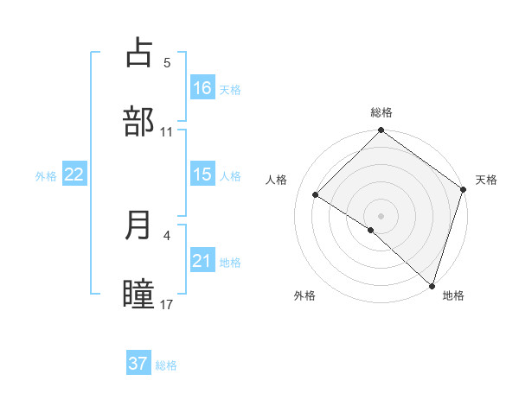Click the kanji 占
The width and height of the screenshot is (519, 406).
pyautogui.click(x=138, y=54)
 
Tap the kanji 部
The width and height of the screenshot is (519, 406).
pyautogui.click(x=138, y=122)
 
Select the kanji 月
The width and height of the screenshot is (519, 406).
pyautogui.click(x=138, y=225)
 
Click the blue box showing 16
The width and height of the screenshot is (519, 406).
pyautogui.click(x=202, y=88)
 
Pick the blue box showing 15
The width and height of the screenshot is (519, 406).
pyautogui.click(x=202, y=174)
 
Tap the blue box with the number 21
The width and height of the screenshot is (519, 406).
pyautogui.click(x=202, y=261)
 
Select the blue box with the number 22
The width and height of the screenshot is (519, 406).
pyautogui.click(x=74, y=174)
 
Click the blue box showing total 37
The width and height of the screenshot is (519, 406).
pyautogui.click(x=138, y=364)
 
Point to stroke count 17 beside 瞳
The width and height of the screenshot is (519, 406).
pyautogui.click(x=167, y=304)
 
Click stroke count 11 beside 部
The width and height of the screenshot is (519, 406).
pyautogui.click(x=167, y=131)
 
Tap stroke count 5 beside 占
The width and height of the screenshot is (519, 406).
pyautogui.click(x=167, y=62)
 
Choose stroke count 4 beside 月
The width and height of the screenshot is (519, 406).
pyautogui.click(x=167, y=235)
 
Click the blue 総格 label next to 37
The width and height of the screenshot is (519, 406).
pyautogui.click(x=166, y=365)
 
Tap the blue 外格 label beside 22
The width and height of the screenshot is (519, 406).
pyautogui.click(x=46, y=176)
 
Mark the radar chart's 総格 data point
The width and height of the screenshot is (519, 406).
pyautogui.click(x=381, y=131)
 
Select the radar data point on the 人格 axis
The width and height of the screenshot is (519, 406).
pyautogui.click(x=316, y=194)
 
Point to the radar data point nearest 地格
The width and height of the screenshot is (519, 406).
pyautogui.click(x=432, y=285)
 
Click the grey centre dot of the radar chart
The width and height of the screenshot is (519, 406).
pyautogui.click(x=381, y=215)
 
